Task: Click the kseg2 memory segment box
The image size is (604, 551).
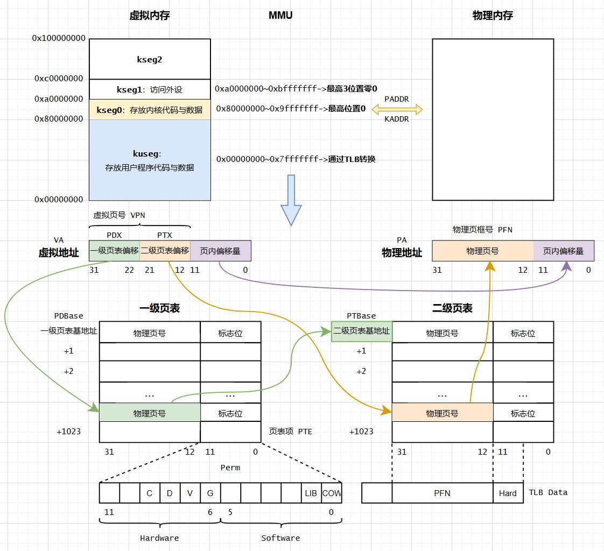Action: [150, 59]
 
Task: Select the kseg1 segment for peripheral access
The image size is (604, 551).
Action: [150, 89]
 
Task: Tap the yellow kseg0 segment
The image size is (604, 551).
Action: [150, 110]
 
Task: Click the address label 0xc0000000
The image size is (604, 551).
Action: [59, 79]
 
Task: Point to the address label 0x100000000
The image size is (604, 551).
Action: [59, 38]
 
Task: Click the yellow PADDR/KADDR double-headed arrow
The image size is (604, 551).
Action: [397, 110]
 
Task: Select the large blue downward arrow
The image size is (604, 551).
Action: [291, 200]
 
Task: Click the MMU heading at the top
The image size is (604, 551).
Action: [280, 16]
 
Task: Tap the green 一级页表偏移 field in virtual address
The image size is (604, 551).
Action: [114, 251]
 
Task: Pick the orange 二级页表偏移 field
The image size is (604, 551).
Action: [165, 251]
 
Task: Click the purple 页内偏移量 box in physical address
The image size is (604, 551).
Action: [564, 251]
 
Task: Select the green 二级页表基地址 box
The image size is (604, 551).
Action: [361, 331]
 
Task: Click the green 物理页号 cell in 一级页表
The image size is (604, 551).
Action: [150, 413]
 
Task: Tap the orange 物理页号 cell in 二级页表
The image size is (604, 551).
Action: [442, 413]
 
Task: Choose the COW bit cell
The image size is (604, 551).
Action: [332, 493]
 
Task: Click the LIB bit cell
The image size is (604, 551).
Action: [311, 493]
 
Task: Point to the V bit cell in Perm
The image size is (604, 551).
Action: [190, 493]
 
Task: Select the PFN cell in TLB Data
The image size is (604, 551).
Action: [442, 493]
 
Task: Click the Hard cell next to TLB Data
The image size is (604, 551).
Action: [508, 493]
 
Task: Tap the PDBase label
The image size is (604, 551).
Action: [69, 316]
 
